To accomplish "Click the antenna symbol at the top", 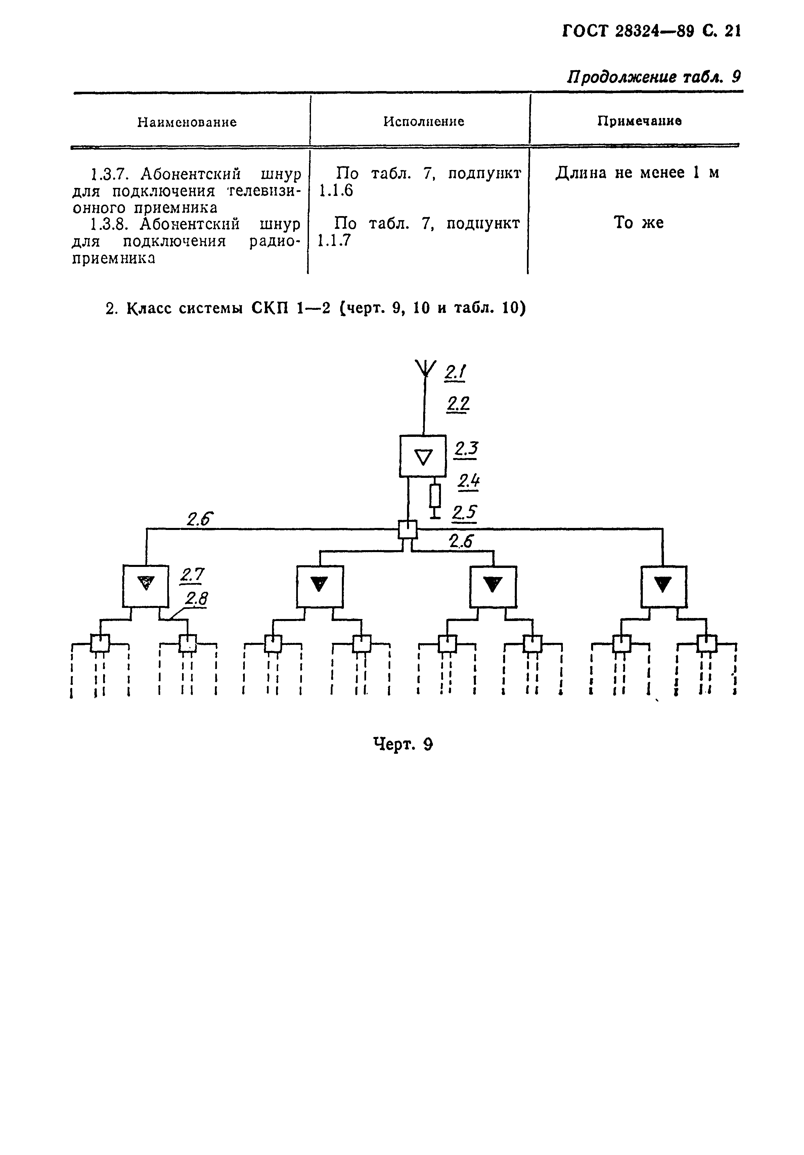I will (425, 369).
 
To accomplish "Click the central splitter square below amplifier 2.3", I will (407, 529).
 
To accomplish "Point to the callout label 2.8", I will (196, 598).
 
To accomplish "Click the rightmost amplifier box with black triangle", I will (663, 586).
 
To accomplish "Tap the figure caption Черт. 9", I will (402, 743).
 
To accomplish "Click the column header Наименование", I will (187, 122).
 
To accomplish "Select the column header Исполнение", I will (423, 121).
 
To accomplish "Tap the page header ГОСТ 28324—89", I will (627, 31).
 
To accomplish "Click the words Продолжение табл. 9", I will (654, 77).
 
